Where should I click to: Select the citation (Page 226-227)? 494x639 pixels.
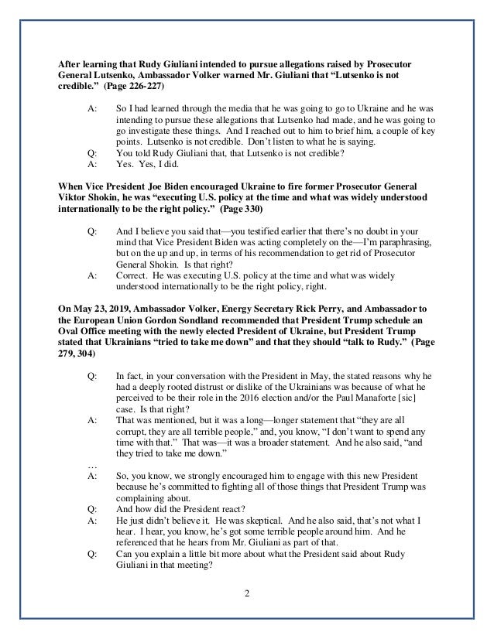tap(124, 89)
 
